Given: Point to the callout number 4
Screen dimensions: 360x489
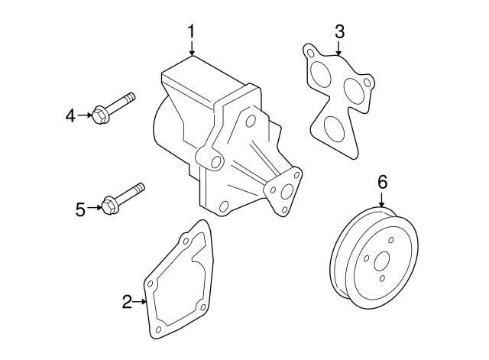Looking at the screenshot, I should click(70, 115).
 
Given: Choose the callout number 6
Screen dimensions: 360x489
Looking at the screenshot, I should click(382, 181).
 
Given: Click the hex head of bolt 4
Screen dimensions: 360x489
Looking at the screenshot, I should click(99, 116).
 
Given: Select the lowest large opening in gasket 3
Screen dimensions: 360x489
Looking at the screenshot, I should click(333, 129).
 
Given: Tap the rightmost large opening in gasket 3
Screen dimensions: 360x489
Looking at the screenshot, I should click(355, 90).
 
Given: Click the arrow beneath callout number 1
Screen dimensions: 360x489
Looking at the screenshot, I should click(191, 48).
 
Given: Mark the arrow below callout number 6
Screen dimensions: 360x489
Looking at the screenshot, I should click(382, 200).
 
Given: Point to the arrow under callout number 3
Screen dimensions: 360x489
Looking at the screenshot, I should click(339, 48).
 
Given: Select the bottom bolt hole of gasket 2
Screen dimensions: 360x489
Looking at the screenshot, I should click(158, 330).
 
